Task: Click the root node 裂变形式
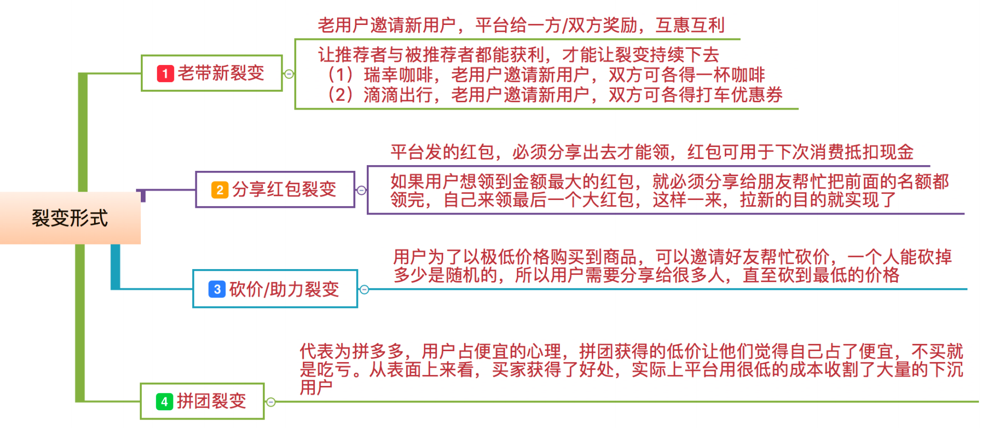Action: point(70,218)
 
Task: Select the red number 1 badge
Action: point(165,73)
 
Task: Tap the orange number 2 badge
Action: point(219,190)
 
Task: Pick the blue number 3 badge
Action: point(217,289)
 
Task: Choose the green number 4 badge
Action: point(164,401)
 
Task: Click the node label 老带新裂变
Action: point(221,73)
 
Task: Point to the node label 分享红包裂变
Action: point(284,190)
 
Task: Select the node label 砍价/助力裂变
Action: point(284,289)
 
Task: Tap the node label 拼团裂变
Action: point(211,401)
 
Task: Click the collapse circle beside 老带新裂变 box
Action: point(289,74)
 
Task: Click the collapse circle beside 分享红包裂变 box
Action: point(362,190)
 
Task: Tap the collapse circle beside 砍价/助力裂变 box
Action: point(364,289)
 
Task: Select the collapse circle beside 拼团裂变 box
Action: point(271,402)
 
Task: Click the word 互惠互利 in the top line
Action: point(690,25)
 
